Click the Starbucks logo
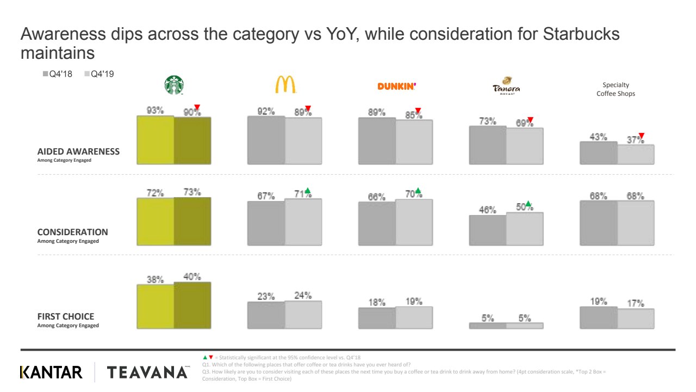tap(174, 85)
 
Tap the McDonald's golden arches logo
tap(285, 84)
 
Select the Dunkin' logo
tap(397, 86)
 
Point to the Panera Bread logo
tap(506, 87)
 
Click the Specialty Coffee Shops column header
tap(616, 89)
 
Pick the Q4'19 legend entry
tap(98, 74)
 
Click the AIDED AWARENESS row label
tap(78, 152)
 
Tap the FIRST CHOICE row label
tap(65, 316)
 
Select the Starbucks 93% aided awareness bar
tap(156, 140)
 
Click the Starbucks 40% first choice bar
tap(192, 305)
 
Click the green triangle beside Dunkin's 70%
tap(418, 191)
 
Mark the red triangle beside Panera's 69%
tap(531, 120)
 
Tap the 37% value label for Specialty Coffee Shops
tap(634, 140)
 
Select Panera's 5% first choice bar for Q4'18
tap(488, 326)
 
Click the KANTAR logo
tap(51, 372)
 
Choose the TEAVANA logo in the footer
tap(147, 372)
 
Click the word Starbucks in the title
tap(581, 34)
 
